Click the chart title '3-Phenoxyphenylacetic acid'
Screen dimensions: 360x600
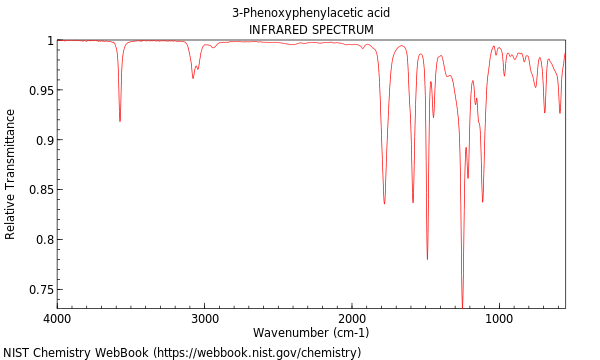pyautogui.click(x=311, y=13)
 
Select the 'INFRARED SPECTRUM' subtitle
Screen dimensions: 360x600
pyautogui.click(x=311, y=30)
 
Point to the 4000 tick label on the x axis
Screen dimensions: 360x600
pyautogui.click(x=57, y=318)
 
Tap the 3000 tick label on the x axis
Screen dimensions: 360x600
pyautogui.click(x=205, y=318)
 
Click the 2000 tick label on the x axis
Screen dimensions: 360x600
pyautogui.click(x=352, y=318)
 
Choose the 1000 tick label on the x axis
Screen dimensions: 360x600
pyautogui.click(x=499, y=318)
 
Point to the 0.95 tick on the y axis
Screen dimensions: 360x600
pyautogui.click(x=39, y=91)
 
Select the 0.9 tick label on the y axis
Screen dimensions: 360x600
pyautogui.click(x=42, y=140)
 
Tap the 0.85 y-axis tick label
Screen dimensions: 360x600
pyautogui.click(x=39, y=190)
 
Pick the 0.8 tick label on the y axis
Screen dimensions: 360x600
pyautogui.click(x=42, y=240)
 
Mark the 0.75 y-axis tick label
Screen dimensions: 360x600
pyautogui.click(x=39, y=290)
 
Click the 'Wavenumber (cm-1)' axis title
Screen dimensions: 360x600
pyautogui.click(x=311, y=333)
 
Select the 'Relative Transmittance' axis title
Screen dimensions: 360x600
pyautogui.click(x=11, y=174)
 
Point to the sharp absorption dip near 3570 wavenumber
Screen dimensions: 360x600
pyautogui.click(x=120, y=121)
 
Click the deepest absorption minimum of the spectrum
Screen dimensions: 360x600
pyautogui.click(x=462, y=306)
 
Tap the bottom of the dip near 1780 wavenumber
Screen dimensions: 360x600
pyautogui.click(x=384, y=203)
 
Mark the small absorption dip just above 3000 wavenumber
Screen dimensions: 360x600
pyautogui.click(x=193, y=78)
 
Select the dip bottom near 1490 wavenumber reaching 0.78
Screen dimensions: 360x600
pyautogui.click(x=427, y=259)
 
